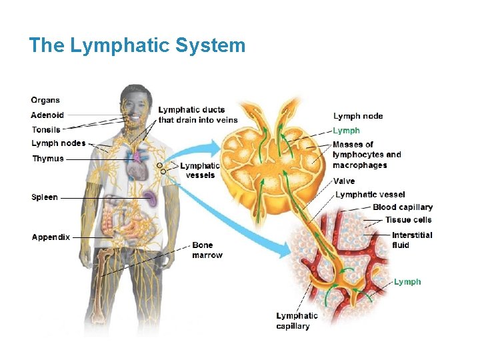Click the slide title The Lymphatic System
point(137,45)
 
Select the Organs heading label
point(45,100)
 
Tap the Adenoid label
point(47,115)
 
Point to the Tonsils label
point(46,129)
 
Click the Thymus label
point(48,159)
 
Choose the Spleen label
point(45,197)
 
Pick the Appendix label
point(51,237)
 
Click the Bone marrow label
point(207,250)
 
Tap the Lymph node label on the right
point(358,116)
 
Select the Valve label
point(344,181)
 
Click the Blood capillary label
point(403,207)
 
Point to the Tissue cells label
point(408,220)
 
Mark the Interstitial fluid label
point(412,240)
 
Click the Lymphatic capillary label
point(297,321)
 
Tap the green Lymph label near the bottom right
point(407,282)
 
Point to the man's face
point(136,108)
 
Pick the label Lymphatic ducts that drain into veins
point(197,115)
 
